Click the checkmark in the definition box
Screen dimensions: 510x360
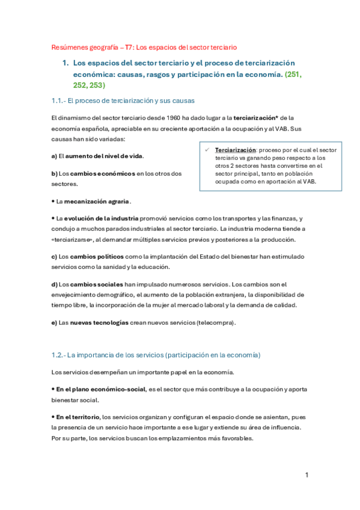206,149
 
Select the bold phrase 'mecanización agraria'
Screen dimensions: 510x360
93,201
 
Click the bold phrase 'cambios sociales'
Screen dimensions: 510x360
96,284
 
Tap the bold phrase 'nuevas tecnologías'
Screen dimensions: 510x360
99,322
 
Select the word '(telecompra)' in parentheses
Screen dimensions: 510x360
216,322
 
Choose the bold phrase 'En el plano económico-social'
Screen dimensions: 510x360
100,389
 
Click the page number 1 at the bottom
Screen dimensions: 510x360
307,475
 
